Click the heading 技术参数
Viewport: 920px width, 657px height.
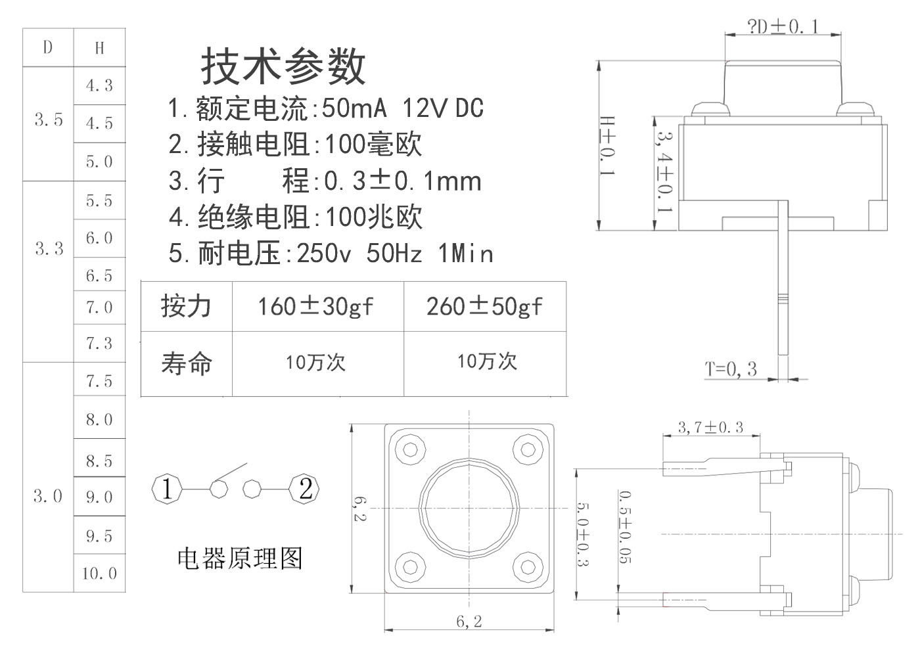(283, 66)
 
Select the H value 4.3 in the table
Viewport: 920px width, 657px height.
(99, 85)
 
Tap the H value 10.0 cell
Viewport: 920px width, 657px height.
(99, 574)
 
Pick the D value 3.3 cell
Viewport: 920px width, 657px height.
(49, 248)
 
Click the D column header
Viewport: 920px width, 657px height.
(48, 47)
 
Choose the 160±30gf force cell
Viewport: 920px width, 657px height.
(315, 306)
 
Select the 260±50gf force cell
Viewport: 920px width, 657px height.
(484, 306)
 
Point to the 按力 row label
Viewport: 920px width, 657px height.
(187, 306)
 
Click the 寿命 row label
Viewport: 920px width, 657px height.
(187, 363)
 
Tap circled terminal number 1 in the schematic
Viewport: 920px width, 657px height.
(167, 489)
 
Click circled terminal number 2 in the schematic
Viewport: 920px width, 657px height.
(306, 489)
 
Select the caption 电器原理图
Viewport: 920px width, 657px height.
(241, 558)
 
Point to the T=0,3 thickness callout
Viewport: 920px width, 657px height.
(731, 369)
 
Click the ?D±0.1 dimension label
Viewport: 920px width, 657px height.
(783, 26)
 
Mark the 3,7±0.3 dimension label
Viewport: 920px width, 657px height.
(710, 427)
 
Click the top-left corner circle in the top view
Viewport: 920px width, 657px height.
(411, 450)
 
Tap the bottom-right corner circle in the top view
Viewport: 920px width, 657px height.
(527, 566)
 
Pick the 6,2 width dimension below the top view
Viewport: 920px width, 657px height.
(469, 621)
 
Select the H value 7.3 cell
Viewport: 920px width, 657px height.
(99, 343)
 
